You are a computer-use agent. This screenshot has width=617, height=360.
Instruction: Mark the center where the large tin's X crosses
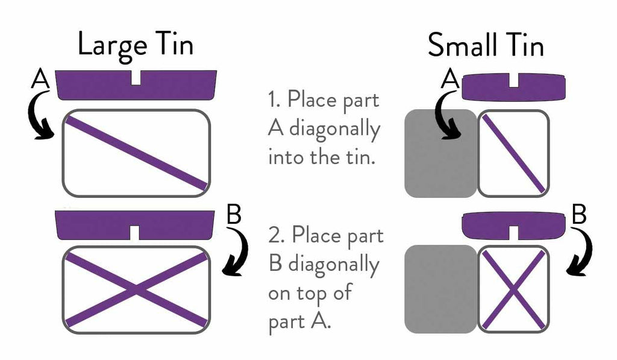[136, 290]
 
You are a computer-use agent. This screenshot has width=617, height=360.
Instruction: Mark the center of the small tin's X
[513, 290]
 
